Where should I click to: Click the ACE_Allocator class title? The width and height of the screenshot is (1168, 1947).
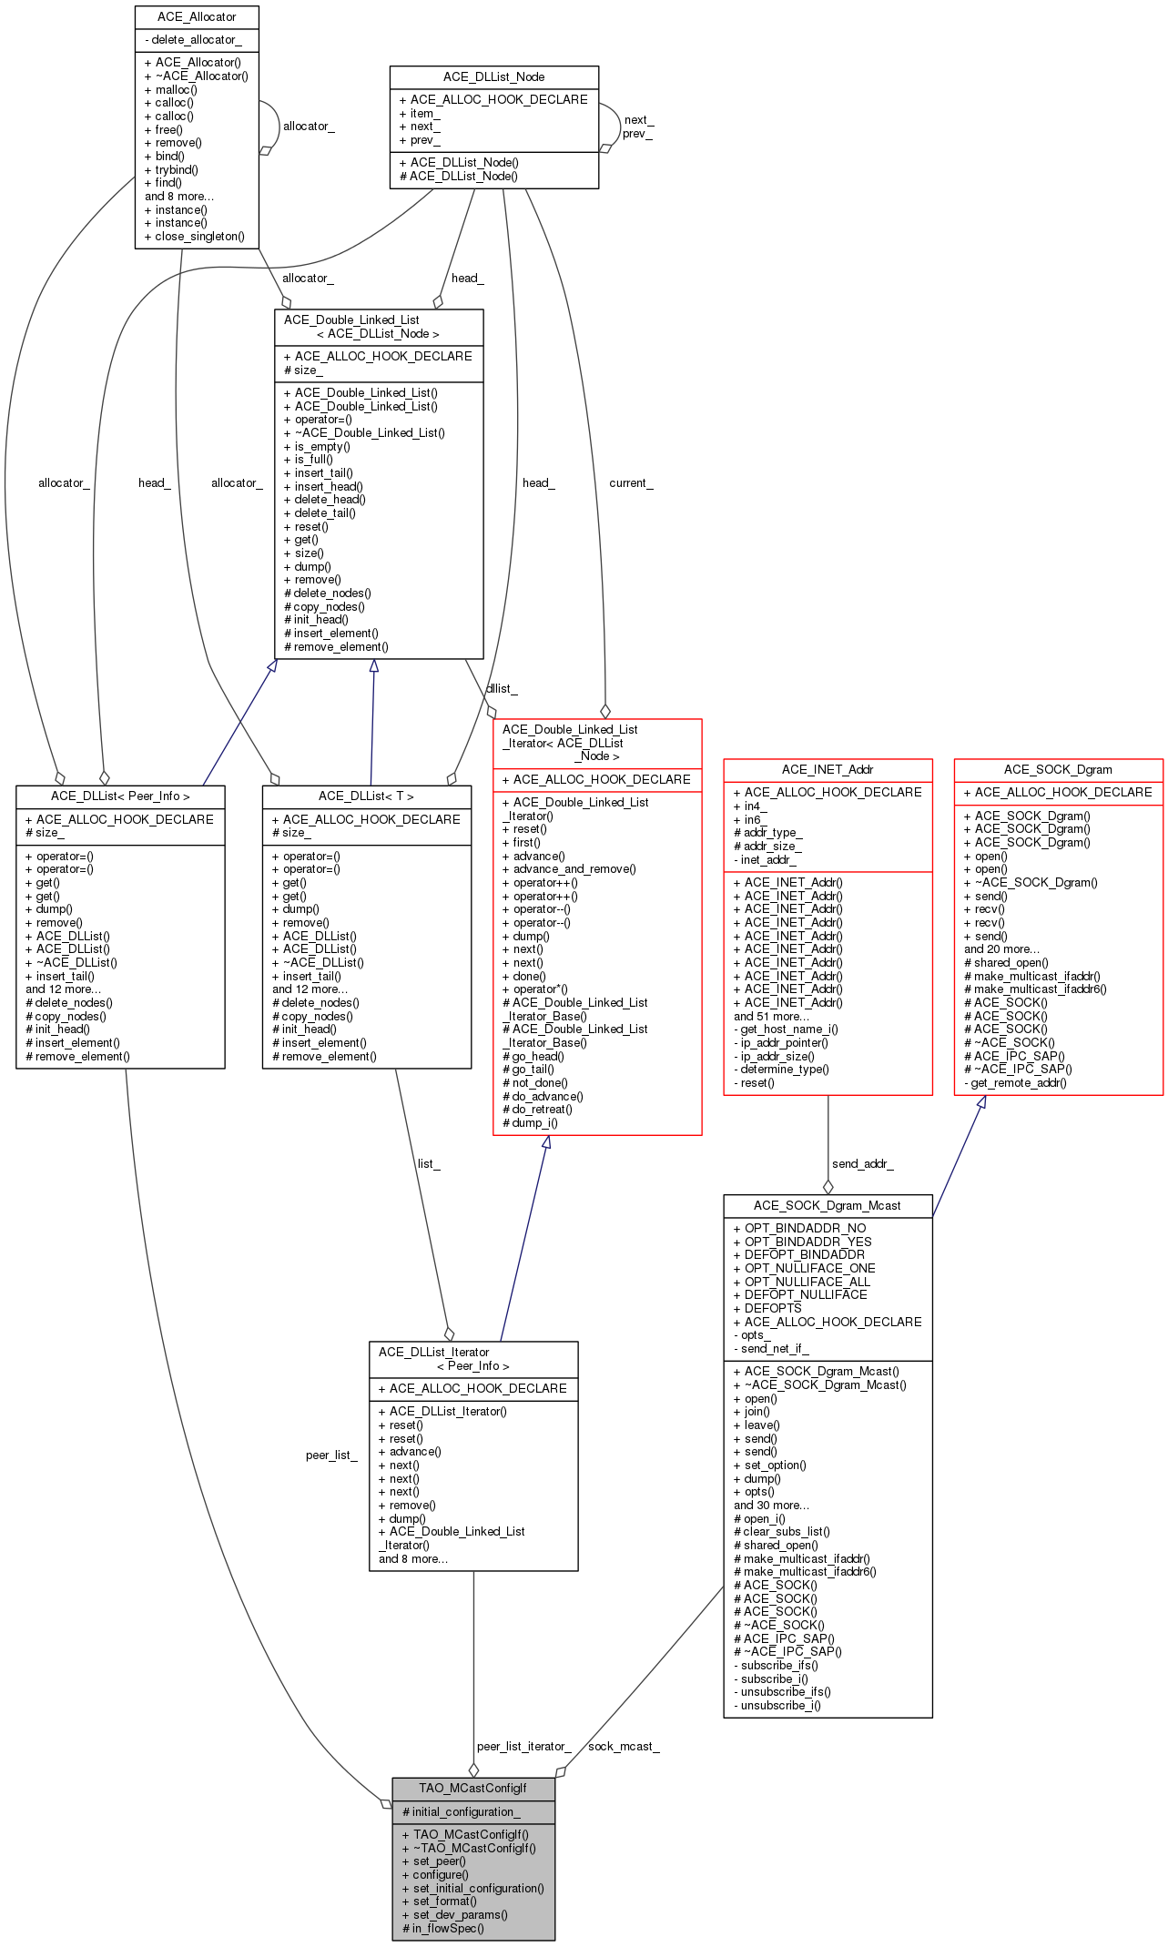(197, 16)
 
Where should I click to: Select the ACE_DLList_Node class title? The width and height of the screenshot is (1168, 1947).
(493, 76)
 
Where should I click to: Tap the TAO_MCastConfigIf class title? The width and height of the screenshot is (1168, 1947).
(472, 1788)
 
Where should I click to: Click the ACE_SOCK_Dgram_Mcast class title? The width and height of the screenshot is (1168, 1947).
(827, 1205)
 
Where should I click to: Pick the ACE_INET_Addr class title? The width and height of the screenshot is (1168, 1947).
(827, 769)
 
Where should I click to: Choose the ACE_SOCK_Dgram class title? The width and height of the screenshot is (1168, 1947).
(1058, 769)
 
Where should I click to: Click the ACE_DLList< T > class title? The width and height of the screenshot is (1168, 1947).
(366, 796)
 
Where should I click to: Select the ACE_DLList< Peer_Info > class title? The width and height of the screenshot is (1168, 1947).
(120, 796)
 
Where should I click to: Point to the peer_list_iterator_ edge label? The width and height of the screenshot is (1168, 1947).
(523, 1746)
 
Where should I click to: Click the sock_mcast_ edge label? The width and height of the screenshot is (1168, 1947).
(624, 1746)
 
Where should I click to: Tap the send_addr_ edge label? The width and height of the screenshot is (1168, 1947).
(862, 1163)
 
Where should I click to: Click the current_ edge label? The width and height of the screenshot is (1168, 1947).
(631, 482)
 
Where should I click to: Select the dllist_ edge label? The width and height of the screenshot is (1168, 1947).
(502, 688)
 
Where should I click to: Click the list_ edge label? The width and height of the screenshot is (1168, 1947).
(428, 1163)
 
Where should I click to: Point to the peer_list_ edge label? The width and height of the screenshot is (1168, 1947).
(331, 1455)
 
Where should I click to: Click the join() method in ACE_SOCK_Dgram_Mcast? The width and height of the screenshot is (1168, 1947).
(757, 1411)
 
